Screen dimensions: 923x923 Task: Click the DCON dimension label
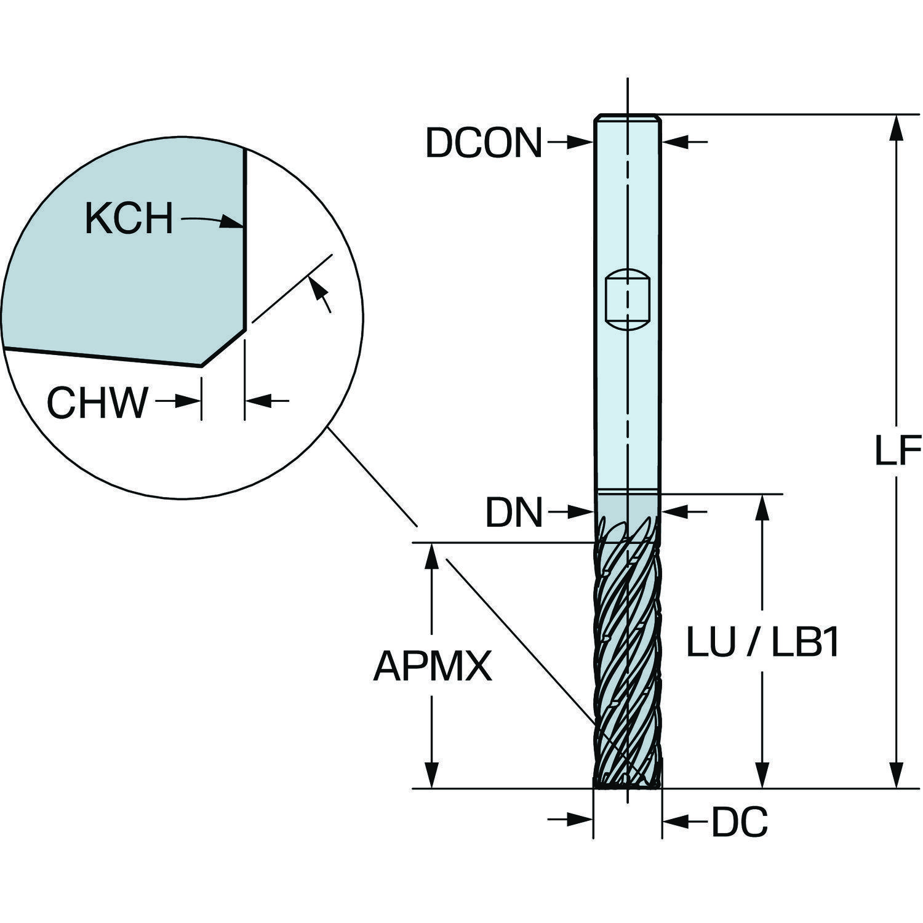(484, 143)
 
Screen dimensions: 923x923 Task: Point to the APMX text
(433, 666)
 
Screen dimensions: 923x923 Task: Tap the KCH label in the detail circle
(129, 218)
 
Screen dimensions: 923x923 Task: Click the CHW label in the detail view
(98, 402)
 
